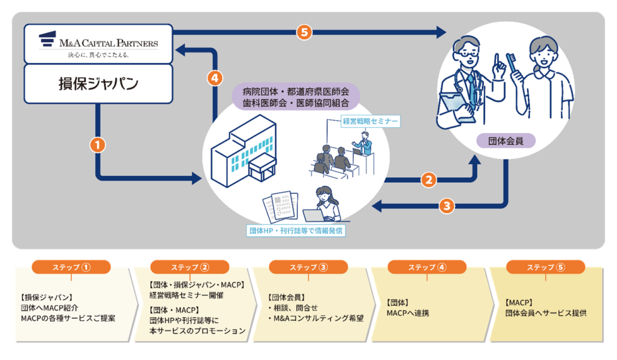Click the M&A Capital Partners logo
pos(98,43)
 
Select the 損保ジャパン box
pos(98,83)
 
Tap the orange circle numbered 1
pos(98,144)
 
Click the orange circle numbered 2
pos(428,179)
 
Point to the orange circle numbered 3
pos(446,206)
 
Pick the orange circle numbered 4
pos(215,78)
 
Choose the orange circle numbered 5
pos(305,32)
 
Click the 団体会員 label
pos(505,142)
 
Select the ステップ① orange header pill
pos(72,267)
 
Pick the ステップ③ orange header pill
pos(308,267)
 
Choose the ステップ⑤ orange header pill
pos(545,267)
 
